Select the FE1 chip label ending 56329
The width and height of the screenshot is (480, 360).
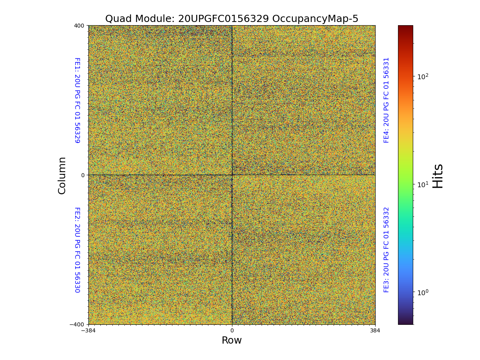click(x=77, y=100)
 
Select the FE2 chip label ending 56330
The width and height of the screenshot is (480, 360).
click(x=77, y=250)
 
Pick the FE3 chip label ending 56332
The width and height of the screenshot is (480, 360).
click(x=386, y=250)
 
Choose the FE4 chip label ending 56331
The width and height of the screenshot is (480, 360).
click(x=386, y=100)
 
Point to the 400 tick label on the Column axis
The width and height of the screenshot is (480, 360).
click(x=79, y=26)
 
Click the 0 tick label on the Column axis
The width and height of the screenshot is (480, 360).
click(x=83, y=175)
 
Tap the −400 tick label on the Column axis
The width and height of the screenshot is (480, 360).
click(x=78, y=324)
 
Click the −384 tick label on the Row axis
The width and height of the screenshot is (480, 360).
click(x=88, y=331)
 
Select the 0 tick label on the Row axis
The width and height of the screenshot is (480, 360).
click(x=232, y=331)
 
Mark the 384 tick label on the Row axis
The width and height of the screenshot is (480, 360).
click(x=375, y=331)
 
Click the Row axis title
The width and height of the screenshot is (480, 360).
click(x=232, y=340)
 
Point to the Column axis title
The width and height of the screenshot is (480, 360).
click(x=62, y=175)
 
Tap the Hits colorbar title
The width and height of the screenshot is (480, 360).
click(x=438, y=176)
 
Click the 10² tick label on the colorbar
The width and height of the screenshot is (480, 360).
click(x=423, y=76)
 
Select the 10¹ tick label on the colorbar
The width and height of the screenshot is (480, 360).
click(x=423, y=184)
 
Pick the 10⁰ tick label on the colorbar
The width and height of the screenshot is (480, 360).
click(x=423, y=292)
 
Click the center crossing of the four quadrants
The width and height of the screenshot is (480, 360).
click(x=232, y=175)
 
